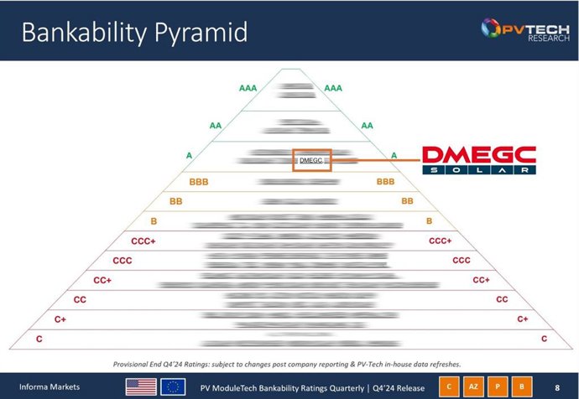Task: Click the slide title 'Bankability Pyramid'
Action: coord(134,33)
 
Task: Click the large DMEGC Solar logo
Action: coord(478,160)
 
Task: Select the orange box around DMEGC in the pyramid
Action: coord(311,160)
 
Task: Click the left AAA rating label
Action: coord(248,87)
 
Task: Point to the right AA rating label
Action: coord(367,125)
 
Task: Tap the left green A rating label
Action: coord(189,155)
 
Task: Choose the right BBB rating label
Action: coord(385,181)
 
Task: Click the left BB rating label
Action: coord(176,201)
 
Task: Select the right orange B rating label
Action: coord(429,220)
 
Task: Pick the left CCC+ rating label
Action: coord(143,241)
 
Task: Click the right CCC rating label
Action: coord(461,261)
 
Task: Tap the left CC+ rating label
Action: coord(103,279)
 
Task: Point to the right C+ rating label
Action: coord(523,319)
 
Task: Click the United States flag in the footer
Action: coord(141,386)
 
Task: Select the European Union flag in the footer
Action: coord(173,386)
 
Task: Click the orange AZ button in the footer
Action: coord(473,386)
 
